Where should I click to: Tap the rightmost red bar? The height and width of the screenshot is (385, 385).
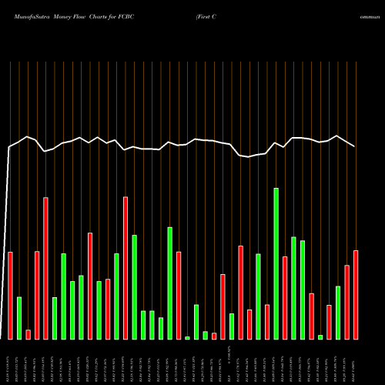[x=356, y=294]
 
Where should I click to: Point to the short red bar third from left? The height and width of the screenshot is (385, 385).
[x=28, y=334]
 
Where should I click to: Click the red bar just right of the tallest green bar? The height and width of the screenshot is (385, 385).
[x=285, y=297]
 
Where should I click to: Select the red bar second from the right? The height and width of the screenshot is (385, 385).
[x=346, y=302]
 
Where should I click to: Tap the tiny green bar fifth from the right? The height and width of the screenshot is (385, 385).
[x=320, y=336]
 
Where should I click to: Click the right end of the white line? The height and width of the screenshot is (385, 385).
[x=355, y=146]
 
